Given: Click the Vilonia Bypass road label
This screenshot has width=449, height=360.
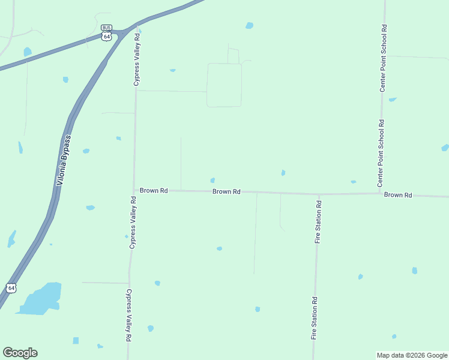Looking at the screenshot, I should pos(63,160).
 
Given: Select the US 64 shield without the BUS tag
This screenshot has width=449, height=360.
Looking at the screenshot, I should pos(11,288).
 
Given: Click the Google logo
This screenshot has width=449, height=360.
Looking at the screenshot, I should pos(20,353).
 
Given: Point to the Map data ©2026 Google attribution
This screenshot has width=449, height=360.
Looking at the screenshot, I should pos(412,355).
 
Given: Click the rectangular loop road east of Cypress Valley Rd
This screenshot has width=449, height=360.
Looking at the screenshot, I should pos(224,85).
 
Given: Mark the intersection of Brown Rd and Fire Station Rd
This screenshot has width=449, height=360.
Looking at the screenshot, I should pos(318,194).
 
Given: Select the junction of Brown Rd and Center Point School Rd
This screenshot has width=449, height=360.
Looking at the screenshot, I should pos(381,193).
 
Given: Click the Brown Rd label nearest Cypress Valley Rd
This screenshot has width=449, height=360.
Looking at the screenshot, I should pos(154,190).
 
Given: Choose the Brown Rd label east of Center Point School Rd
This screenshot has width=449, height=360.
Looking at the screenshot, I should pos(398,195).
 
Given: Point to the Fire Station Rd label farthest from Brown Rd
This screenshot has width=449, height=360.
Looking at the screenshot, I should pos(314,318).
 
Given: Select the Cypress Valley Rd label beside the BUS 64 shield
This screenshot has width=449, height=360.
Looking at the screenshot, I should pos(137,59).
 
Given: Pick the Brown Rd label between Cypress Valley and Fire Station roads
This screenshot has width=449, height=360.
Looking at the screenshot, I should pos(226,192).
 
